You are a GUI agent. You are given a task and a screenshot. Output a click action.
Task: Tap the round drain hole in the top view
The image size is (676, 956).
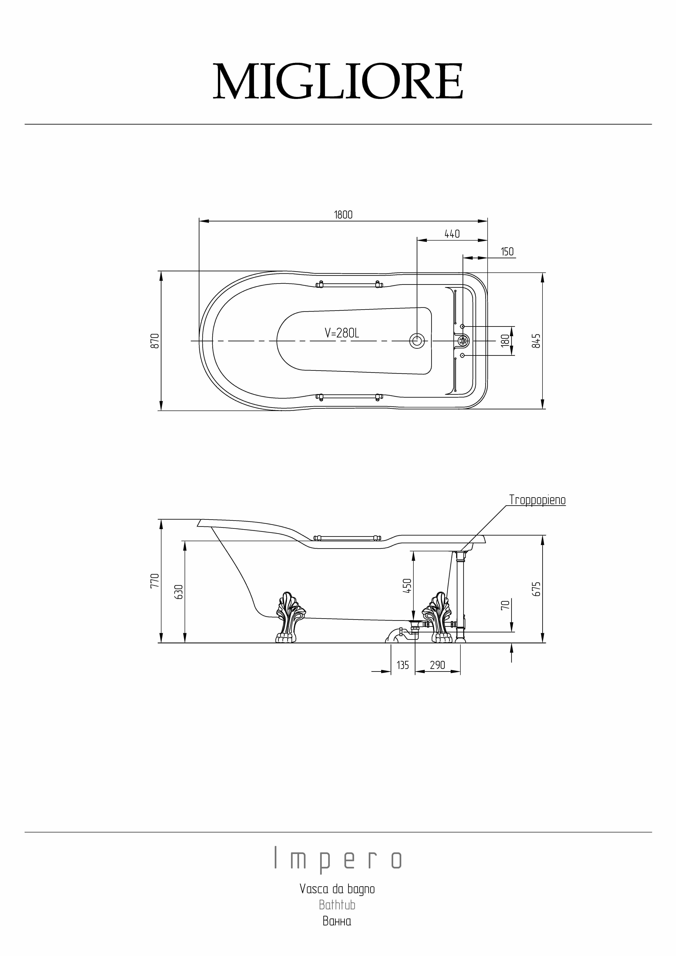[417, 341]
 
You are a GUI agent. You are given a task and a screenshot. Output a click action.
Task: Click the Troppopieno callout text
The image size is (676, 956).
[537, 500]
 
